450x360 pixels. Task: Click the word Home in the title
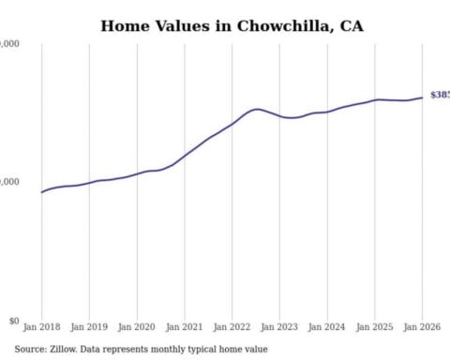(127, 25)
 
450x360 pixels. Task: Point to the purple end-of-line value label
(439, 96)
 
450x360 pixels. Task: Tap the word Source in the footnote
(32, 350)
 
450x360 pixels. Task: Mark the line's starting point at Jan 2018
(42, 192)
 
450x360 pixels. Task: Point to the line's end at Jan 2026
(422, 97)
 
